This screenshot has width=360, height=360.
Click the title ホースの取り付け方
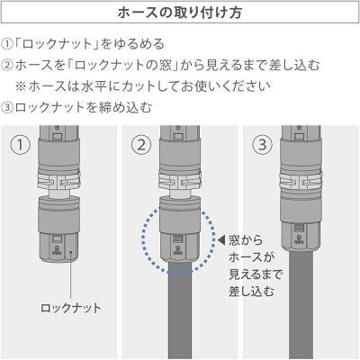tap(180, 13)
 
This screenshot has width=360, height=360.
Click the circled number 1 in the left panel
tap(21, 145)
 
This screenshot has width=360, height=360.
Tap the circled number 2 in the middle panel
tap(141, 145)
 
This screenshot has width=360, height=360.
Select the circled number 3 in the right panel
tap(262, 145)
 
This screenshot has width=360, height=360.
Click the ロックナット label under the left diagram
tap(71, 308)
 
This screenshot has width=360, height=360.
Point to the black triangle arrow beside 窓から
tap(221, 240)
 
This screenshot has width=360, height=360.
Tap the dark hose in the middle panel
tap(179, 309)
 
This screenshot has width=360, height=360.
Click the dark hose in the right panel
tap(301, 304)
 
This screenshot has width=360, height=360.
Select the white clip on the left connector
tap(59, 181)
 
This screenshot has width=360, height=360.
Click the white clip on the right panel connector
tap(301, 181)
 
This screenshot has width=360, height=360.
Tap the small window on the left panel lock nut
tap(57, 238)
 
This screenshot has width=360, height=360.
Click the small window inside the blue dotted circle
tap(178, 238)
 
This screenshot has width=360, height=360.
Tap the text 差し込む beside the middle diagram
tap(251, 292)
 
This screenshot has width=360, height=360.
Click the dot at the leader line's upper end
tap(71, 251)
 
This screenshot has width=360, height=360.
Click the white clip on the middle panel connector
tap(180, 181)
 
